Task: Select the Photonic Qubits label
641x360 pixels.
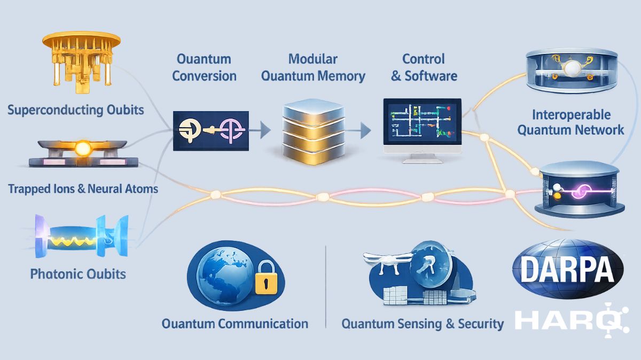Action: [x=78, y=274]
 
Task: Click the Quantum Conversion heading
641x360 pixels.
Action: [x=204, y=67]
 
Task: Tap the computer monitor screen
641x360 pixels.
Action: [x=421, y=122]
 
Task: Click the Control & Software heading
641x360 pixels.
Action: [x=424, y=67]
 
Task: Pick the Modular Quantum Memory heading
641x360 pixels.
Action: [x=312, y=67]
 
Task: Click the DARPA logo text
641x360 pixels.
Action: [x=567, y=270]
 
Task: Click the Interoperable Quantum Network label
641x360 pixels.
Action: [x=570, y=122]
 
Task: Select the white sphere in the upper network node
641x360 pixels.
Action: [x=572, y=68]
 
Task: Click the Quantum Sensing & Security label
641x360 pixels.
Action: [x=422, y=323]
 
